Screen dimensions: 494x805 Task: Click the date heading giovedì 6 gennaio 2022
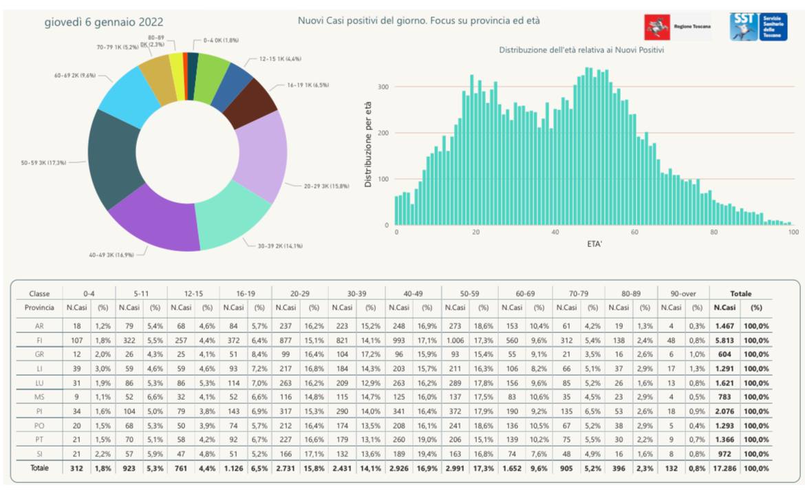point(105,22)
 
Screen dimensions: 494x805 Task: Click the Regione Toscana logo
point(677,28)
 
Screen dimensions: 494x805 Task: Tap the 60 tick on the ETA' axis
point(634,233)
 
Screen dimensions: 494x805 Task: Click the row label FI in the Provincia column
point(39,339)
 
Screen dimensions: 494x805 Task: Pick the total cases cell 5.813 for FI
point(727,339)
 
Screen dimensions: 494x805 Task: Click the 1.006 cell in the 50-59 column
point(455,339)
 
